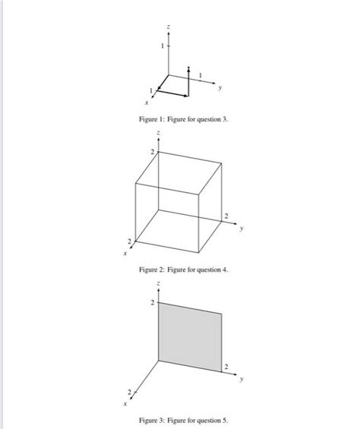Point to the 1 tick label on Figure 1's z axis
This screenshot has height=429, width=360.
[161, 46]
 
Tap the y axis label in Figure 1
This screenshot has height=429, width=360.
[221, 87]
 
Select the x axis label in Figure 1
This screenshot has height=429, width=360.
[144, 101]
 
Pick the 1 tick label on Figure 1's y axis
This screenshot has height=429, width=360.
[200, 74]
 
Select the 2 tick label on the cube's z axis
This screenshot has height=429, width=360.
[152, 153]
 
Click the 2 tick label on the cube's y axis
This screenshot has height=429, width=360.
[224, 217]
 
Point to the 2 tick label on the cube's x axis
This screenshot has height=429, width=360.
[130, 241]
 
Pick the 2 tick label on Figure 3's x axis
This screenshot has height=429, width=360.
[130, 391]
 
